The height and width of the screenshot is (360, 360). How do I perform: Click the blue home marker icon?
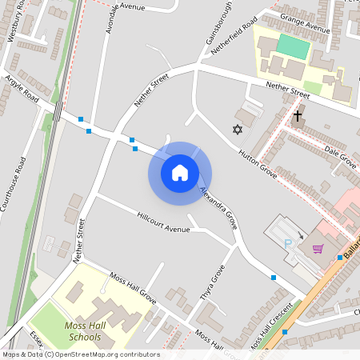pos(180,173)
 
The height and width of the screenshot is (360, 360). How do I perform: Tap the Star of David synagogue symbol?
pos(237,130)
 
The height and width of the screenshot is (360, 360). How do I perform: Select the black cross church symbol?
pos(298,117)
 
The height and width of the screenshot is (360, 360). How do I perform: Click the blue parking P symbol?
pos(288,243)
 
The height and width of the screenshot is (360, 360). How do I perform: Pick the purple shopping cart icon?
pos(318,248)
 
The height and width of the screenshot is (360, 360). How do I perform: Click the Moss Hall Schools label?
pos(83,331)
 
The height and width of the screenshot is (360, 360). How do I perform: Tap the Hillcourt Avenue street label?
pos(163,223)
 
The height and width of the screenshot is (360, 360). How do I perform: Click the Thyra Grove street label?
pos(211,291)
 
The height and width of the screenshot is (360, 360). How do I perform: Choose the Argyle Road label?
pos(22,90)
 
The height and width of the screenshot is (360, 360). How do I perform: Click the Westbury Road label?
pos(17,32)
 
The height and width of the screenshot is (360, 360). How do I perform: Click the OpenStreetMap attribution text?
pos(81,354)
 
